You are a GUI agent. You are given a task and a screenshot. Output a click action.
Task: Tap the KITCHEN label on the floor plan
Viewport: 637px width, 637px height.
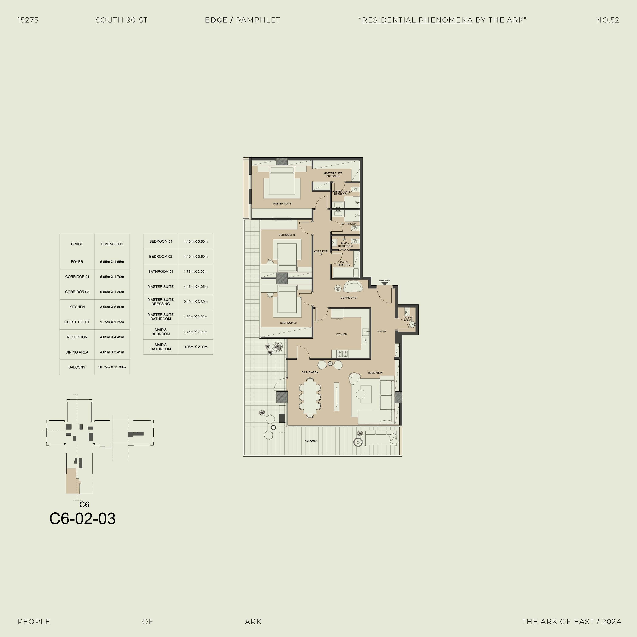click(x=341, y=334)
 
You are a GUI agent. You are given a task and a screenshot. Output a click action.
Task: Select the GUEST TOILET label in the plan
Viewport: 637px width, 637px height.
click(x=408, y=319)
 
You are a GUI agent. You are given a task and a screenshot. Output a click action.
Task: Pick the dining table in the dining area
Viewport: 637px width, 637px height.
click(x=310, y=398)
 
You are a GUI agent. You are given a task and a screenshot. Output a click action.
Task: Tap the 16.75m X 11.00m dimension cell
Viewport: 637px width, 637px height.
click(x=112, y=367)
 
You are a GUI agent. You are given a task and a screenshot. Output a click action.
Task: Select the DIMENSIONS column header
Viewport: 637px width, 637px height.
click(x=112, y=244)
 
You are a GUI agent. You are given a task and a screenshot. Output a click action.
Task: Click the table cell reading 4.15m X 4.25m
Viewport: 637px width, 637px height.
click(x=196, y=286)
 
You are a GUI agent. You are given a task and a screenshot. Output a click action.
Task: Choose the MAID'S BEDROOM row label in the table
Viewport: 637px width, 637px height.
click(x=161, y=332)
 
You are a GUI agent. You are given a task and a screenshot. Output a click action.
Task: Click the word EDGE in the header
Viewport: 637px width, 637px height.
click(x=216, y=20)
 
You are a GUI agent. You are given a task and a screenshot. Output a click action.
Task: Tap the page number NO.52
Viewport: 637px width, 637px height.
click(x=608, y=20)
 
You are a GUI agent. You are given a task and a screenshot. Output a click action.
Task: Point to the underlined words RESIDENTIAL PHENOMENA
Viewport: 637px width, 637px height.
click(x=417, y=20)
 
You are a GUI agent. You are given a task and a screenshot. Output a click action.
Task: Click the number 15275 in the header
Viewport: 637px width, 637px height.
click(x=28, y=20)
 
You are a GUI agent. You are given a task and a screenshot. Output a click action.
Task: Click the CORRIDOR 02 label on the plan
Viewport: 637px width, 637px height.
click(x=321, y=252)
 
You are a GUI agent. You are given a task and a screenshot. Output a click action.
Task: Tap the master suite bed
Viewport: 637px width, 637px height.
click(x=282, y=181)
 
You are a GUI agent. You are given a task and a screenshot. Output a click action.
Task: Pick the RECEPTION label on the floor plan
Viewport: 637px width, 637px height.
click(x=375, y=373)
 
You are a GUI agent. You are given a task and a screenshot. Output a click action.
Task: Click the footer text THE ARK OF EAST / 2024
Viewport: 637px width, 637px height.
click(x=571, y=621)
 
